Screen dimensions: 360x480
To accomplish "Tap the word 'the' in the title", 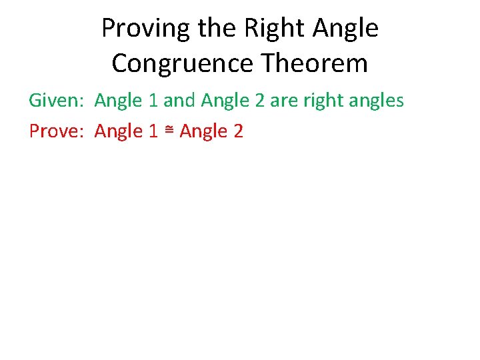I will [219, 29].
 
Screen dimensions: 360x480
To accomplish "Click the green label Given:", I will [57, 101].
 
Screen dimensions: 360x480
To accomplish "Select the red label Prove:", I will [57, 132].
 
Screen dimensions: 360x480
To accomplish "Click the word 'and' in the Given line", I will [178, 101].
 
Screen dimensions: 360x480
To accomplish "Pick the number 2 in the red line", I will [238, 132].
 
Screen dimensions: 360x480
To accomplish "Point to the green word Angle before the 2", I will [225, 101].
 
